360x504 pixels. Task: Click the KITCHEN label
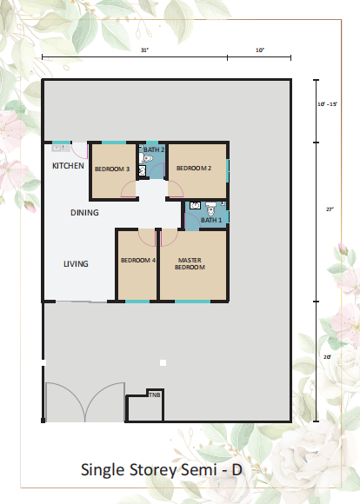(x=68, y=166)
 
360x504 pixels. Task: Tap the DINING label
(x=84, y=213)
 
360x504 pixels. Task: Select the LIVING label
(x=76, y=264)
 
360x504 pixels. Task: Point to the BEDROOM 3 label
(x=112, y=169)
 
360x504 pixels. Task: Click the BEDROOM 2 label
(x=194, y=168)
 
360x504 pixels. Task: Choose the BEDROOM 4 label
(x=138, y=260)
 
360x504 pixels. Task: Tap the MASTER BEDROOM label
(x=190, y=263)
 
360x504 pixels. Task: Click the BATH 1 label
(x=211, y=220)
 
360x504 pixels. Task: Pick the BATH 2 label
(x=154, y=149)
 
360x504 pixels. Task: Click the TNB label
(x=155, y=395)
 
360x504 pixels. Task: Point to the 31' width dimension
(x=144, y=50)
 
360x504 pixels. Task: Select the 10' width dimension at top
(x=260, y=50)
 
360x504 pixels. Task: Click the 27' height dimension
(x=330, y=209)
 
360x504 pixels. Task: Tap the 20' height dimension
(x=327, y=357)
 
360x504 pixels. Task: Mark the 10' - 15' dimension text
(x=327, y=104)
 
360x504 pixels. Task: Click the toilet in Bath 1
(x=210, y=209)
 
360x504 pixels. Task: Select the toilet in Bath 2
(x=146, y=158)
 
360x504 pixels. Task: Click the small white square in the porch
(x=163, y=363)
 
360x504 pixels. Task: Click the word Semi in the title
(x=199, y=470)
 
